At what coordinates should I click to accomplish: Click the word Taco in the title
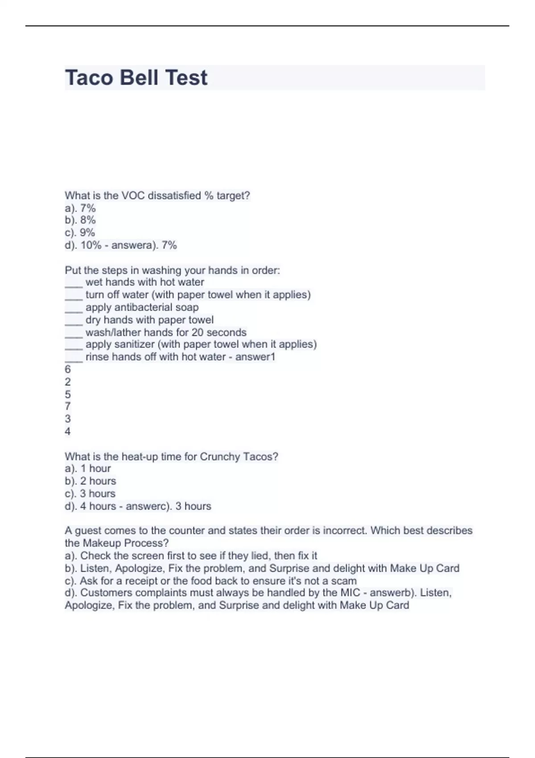(x=89, y=78)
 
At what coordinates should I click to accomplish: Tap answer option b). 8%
(x=80, y=220)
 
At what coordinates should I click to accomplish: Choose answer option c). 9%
(x=80, y=232)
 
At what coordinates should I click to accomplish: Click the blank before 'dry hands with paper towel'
(x=74, y=321)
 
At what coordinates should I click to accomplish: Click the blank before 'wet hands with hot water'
(x=74, y=284)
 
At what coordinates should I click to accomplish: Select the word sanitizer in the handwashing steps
(x=133, y=344)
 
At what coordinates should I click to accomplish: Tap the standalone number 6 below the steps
(x=68, y=369)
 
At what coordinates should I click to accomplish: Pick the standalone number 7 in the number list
(x=68, y=406)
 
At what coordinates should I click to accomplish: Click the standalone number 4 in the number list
(x=68, y=431)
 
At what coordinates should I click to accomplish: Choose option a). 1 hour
(x=88, y=468)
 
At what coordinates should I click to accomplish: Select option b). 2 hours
(x=91, y=481)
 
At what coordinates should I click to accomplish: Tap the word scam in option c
(x=344, y=581)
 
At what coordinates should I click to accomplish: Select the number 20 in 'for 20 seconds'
(x=198, y=332)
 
